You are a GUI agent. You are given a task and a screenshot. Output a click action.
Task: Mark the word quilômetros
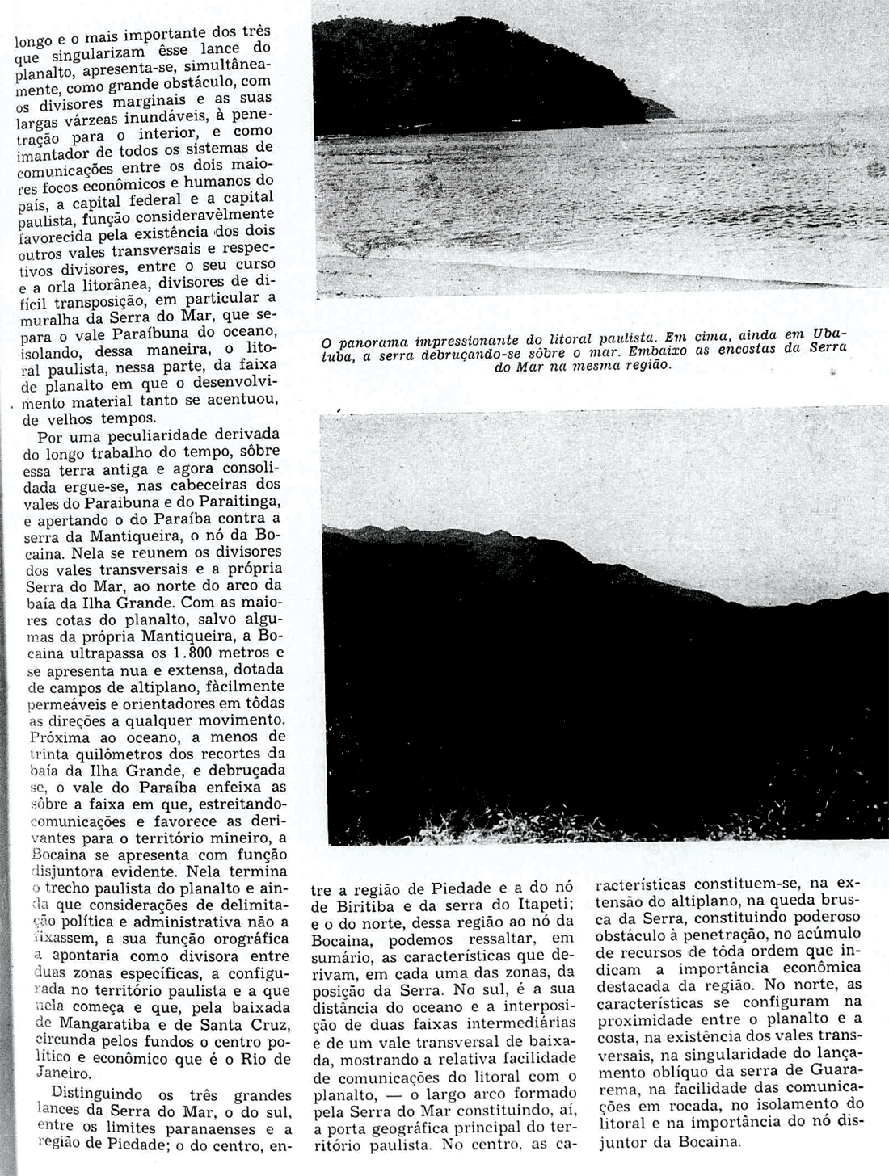(107, 754)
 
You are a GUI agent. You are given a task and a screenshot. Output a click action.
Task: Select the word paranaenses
(206, 1130)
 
